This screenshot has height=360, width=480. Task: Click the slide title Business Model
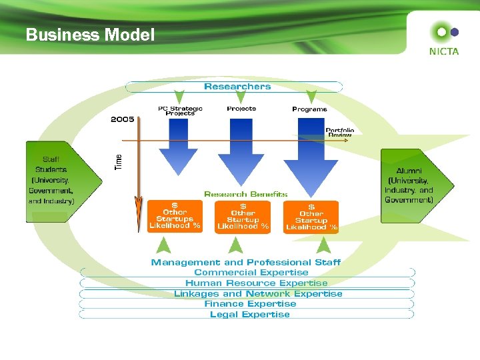[90, 35]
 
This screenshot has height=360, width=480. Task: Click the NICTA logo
[444, 39]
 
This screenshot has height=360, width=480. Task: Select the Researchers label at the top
[237, 87]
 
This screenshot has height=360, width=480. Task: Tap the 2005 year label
[122, 120]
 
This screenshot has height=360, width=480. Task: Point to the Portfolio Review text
[339, 132]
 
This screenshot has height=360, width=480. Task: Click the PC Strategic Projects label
[180, 111]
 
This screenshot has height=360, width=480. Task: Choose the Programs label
[309, 109]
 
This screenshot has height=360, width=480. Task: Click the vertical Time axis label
[119, 161]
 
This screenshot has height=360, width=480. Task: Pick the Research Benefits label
[246, 195]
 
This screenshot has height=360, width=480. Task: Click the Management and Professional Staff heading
[246, 263]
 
